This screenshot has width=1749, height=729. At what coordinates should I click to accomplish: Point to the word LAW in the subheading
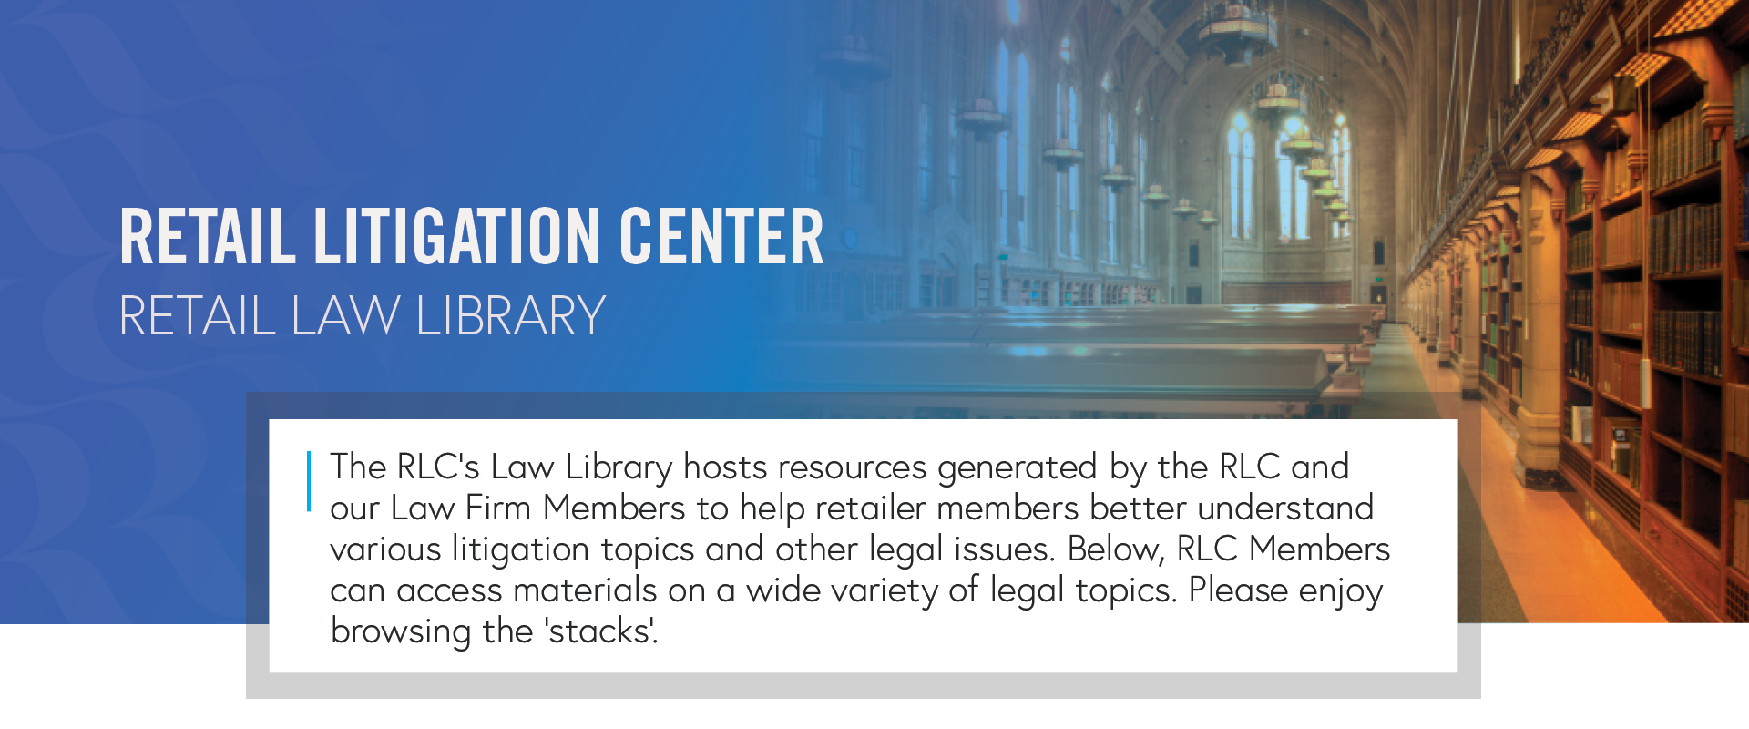click(345, 316)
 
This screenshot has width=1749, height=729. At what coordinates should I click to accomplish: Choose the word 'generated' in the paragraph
click(1017, 468)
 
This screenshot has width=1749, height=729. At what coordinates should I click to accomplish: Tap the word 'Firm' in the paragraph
click(498, 508)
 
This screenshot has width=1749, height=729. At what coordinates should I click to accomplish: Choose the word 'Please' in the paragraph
click(1238, 590)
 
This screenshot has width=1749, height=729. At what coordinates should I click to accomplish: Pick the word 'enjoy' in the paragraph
click(1341, 591)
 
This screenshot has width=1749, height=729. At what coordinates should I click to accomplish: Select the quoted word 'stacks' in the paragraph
click(600, 631)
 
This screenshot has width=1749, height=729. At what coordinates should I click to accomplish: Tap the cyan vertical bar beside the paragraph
click(309, 480)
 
